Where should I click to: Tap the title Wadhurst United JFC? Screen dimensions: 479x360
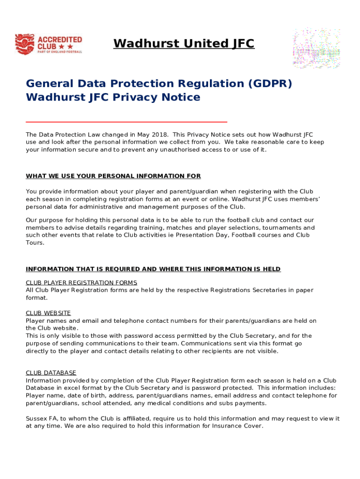[x=184, y=44]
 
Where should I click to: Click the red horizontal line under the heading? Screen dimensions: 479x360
[x=126, y=122]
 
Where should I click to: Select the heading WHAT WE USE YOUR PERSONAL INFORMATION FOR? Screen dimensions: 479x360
[x=113, y=176]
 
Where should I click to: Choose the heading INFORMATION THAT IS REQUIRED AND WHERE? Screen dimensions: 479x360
[x=153, y=269]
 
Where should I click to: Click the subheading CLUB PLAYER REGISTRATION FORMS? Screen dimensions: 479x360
[x=81, y=283]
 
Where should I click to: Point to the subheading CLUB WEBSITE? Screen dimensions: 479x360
[x=48, y=313]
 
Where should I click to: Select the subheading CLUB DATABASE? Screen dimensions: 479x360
[x=51, y=373]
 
